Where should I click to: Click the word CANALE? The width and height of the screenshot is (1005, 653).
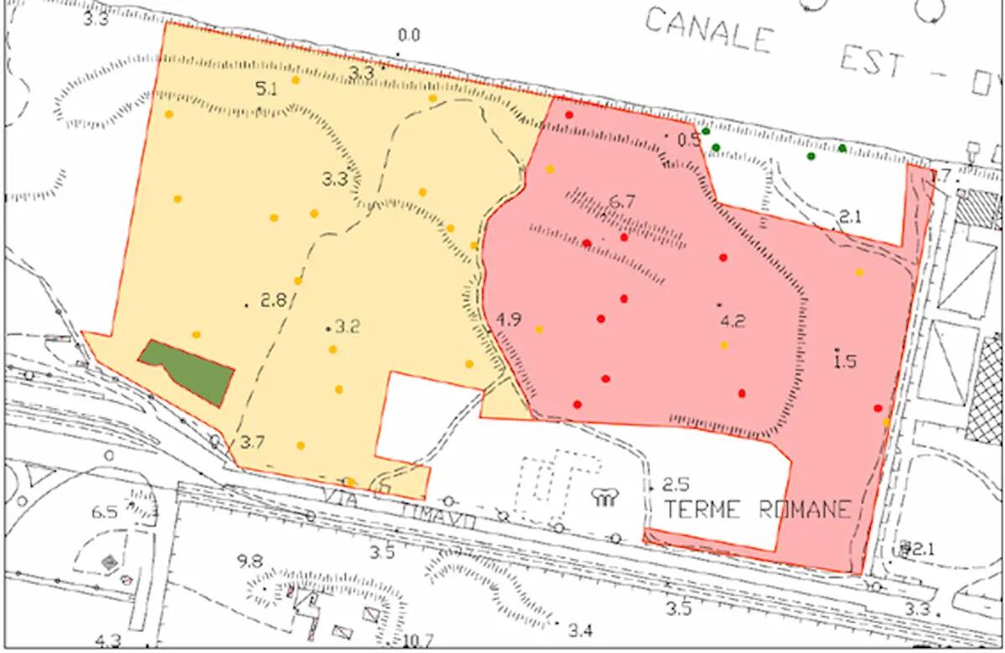[x=708, y=31]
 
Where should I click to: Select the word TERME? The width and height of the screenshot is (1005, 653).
[x=699, y=509]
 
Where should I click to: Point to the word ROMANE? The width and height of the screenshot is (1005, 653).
[x=805, y=509]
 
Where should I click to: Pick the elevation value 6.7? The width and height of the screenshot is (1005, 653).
[x=622, y=201]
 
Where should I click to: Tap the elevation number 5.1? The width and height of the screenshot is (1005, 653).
[x=266, y=90]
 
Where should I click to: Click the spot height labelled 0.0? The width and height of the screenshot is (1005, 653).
[x=409, y=35]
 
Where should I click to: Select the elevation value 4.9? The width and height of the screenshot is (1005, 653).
[x=508, y=320]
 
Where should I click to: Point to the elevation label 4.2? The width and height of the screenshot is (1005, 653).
[x=733, y=319]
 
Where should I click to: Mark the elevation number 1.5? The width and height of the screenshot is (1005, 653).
[x=846, y=361]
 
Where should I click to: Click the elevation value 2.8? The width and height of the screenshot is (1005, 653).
[x=274, y=301]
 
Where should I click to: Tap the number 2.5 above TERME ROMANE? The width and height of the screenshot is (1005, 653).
[x=675, y=485]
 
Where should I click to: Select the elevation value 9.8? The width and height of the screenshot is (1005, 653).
[x=250, y=561]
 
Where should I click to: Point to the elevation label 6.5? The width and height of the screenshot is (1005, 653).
[x=105, y=512]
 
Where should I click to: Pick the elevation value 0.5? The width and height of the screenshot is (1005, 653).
[x=688, y=140]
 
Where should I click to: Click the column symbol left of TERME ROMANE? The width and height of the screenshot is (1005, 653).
[x=605, y=498]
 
